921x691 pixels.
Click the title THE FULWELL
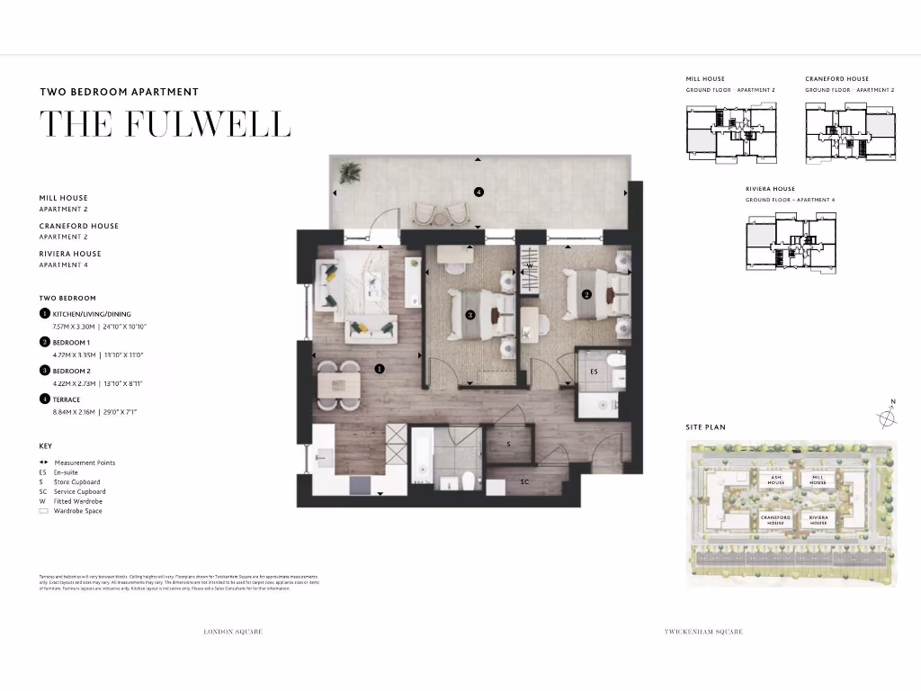(x=165, y=125)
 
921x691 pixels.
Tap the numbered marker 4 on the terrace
(x=478, y=192)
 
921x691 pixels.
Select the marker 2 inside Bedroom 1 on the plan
(x=586, y=294)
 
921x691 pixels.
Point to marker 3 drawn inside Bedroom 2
(x=470, y=315)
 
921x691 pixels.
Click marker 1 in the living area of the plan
(x=380, y=368)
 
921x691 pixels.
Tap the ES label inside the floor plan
(x=594, y=371)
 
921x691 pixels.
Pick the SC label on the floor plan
(x=524, y=482)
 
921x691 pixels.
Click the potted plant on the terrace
(x=350, y=171)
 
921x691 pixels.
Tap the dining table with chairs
(x=338, y=386)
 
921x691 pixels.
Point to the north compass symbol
(x=887, y=416)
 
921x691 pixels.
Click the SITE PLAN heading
(x=705, y=427)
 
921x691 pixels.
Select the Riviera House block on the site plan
(x=818, y=520)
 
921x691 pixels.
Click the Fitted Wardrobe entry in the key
(x=77, y=501)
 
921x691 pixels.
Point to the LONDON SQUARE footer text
(x=234, y=633)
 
